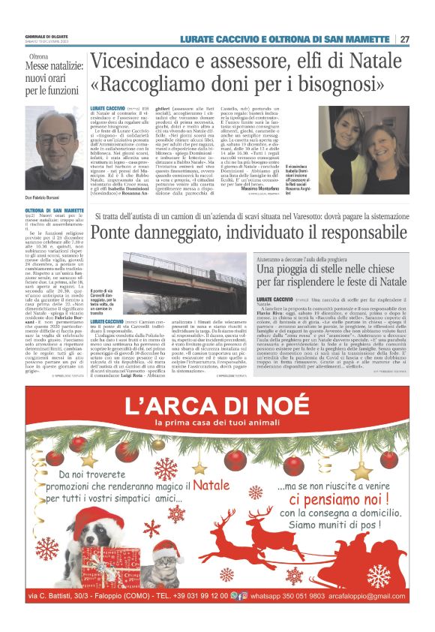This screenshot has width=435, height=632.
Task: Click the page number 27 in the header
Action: coord(405,40)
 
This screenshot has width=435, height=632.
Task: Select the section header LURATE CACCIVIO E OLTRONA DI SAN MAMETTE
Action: coord(294,40)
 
